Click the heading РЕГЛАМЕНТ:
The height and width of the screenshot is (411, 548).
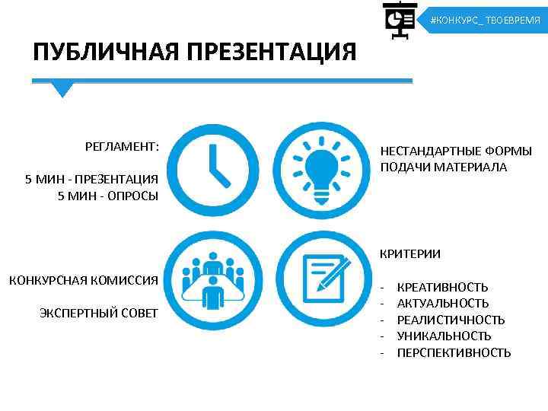click(x=122, y=145)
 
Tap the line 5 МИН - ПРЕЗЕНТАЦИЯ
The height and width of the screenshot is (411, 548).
click(x=91, y=179)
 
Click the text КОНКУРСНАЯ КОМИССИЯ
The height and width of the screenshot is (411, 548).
click(x=84, y=280)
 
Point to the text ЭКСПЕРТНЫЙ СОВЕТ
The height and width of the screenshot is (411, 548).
click(x=99, y=312)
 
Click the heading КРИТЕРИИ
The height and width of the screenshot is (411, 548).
click(x=410, y=253)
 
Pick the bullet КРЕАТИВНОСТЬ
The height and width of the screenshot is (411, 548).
click(x=442, y=287)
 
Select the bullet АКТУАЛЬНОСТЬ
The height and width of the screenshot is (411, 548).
click(x=443, y=304)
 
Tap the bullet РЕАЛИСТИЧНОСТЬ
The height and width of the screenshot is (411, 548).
click(x=451, y=320)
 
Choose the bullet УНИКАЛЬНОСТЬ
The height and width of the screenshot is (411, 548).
click(x=444, y=336)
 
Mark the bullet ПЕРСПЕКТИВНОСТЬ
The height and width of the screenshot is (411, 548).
click(x=454, y=352)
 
